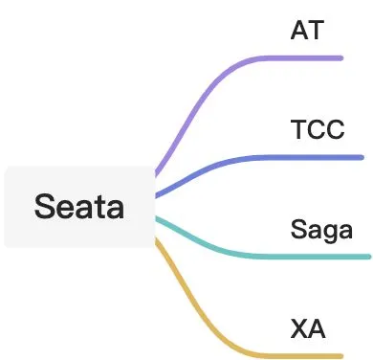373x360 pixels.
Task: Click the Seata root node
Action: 79,207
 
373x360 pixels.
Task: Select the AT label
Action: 307,30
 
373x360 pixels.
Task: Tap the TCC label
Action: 318,129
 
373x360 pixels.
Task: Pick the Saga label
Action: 321,230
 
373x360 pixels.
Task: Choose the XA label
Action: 308,328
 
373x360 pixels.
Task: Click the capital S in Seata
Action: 43,207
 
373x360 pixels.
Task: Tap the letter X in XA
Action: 299,328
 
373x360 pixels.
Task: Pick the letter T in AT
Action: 317,30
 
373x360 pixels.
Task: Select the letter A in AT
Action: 299,30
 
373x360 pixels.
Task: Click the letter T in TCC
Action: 298,129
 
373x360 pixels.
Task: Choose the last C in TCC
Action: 336,129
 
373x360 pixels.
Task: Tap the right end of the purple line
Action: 341,58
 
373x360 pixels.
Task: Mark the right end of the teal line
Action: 369,257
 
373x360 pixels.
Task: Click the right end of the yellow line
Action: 341,356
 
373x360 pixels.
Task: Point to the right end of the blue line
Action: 362,157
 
